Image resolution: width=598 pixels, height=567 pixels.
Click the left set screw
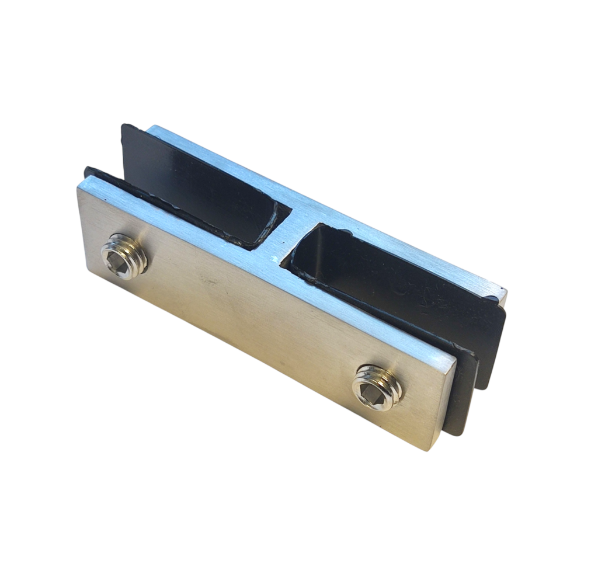point(124,256)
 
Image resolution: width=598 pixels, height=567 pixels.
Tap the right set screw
point(378,387)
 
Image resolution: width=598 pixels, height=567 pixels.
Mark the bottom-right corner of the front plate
point(433,449)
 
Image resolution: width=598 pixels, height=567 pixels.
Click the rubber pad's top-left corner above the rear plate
point(124,126)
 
